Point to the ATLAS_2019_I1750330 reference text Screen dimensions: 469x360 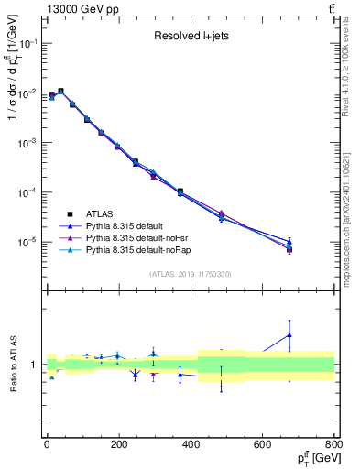191,273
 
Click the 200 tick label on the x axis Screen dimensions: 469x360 118,443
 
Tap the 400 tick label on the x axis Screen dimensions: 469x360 191,443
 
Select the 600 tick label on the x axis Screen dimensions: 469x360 263,443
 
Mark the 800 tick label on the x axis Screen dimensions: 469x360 334,443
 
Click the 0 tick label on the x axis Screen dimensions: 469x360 47,443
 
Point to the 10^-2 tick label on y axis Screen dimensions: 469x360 29,93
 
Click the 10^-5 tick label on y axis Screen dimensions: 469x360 29,242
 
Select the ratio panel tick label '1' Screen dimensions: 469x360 35,365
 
